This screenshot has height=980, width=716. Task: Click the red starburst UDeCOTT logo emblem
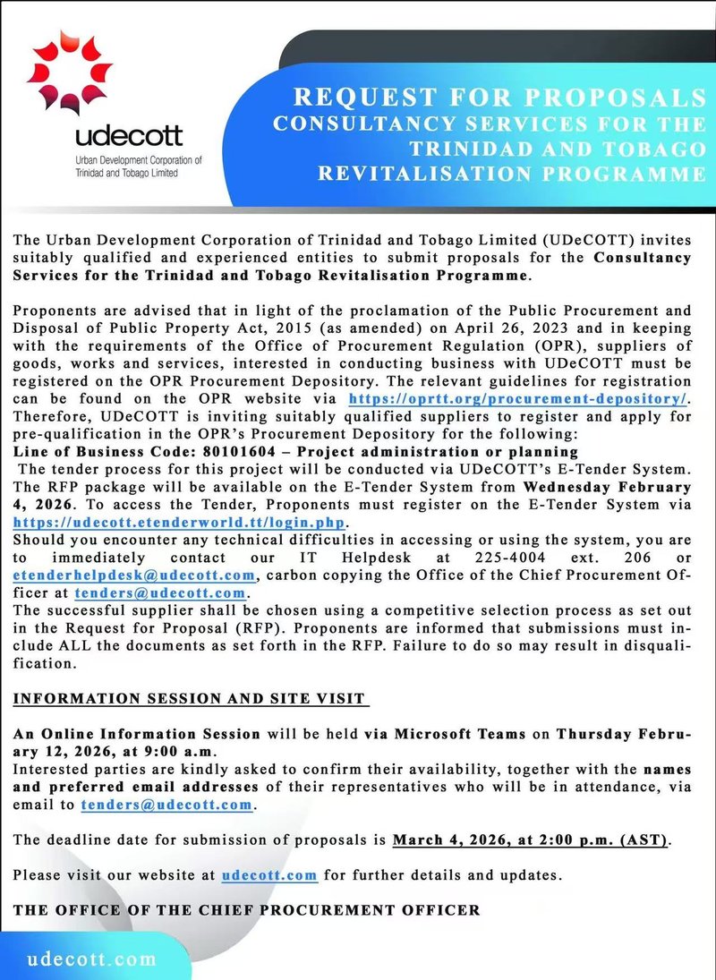70,75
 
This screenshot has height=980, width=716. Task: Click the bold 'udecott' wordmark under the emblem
128,137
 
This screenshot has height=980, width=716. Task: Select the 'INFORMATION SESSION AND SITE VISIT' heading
191,698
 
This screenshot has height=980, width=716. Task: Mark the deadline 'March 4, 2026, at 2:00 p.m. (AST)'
531,840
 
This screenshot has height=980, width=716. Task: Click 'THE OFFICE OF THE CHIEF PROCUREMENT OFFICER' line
247,910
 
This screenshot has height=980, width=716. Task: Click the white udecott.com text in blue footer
93,959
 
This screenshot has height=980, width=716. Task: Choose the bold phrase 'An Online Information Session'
137,733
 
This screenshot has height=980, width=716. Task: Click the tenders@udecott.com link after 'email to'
166,805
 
